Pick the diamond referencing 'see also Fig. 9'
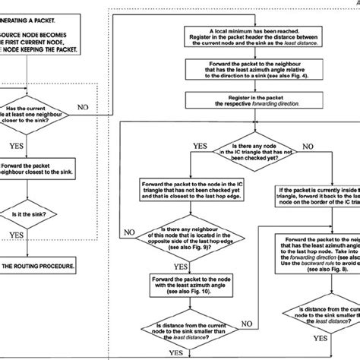(x=195, y=230)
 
